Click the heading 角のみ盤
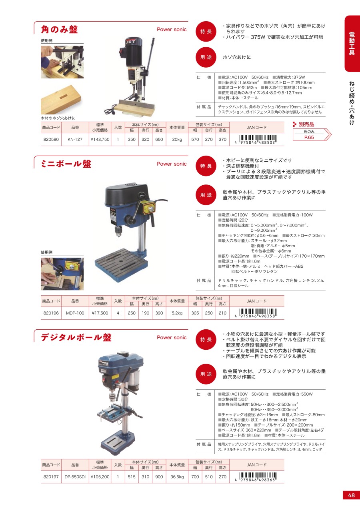[59, 30]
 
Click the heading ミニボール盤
[66, 164]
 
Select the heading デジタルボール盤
[76, 337]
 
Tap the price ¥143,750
[100, 139]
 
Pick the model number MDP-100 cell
[75, 313]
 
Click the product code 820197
[51, 477]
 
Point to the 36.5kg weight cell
[177, 477]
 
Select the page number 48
[351, 495]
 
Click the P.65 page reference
[309, 138]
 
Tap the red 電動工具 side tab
[352, 44]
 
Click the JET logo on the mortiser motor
[131, 42]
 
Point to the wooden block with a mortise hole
[61, 100]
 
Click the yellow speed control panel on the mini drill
[149, 208]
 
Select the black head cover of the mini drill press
[126, 194]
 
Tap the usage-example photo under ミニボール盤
[62, 274]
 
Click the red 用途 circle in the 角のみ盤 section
[206, 57]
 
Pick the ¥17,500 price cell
[100, 313]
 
